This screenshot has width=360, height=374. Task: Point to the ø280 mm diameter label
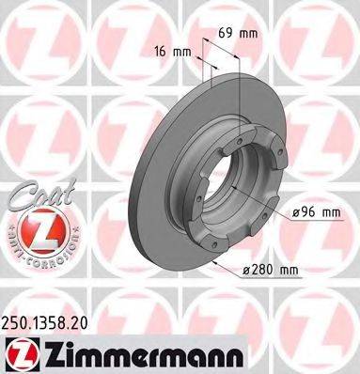pos(270,271)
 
